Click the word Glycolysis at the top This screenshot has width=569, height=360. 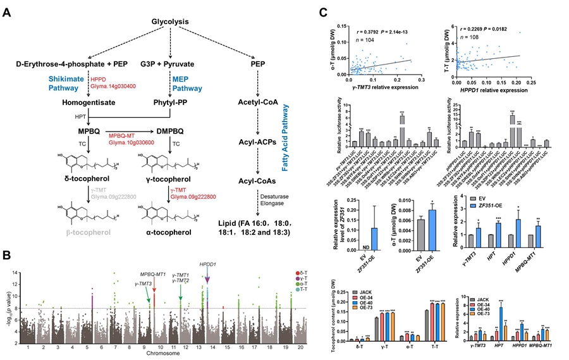click(x=169, y=22)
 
